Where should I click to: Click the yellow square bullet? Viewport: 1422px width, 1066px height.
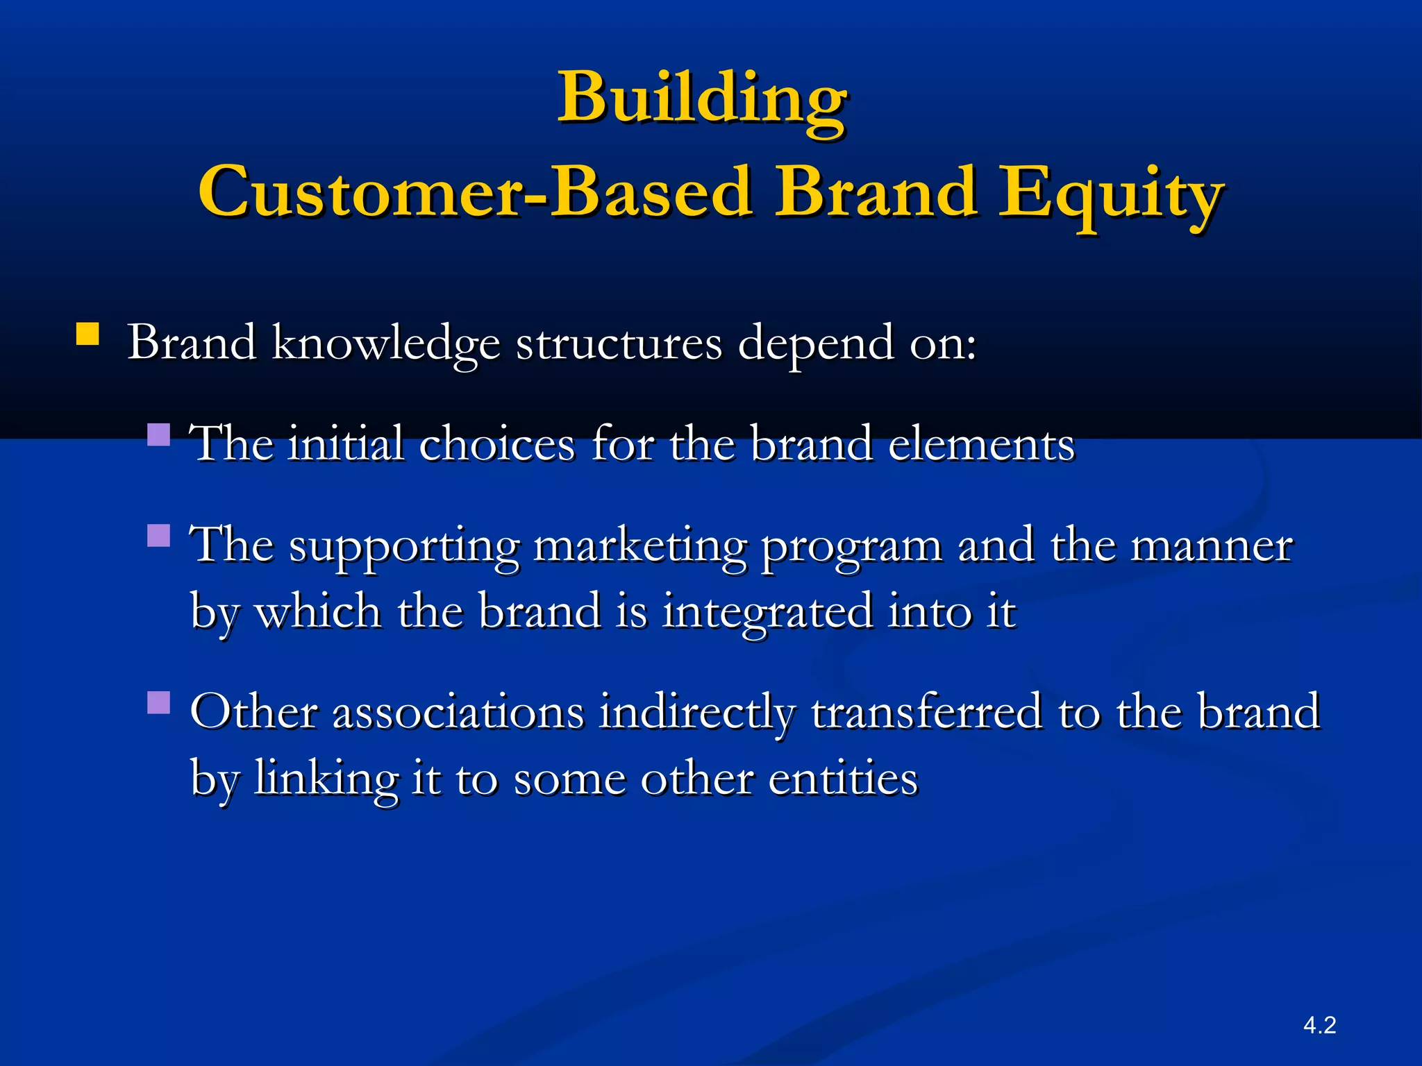point(87,334)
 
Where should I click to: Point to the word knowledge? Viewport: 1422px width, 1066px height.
point(385,343)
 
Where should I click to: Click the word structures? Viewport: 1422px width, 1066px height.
point(619,343)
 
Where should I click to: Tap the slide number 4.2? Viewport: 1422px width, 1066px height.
point(1319,1025)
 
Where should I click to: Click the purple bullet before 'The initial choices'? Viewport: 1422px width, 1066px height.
point(159,435)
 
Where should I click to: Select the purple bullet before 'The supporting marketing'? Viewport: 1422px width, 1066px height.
point(159,536)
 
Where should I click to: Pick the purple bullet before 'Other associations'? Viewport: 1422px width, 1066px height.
point(159,702)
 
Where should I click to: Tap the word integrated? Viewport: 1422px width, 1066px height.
point(767,613)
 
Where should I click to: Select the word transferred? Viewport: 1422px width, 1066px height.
point(928,713)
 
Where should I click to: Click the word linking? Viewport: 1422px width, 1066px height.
point(326,779)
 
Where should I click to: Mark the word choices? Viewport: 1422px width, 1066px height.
point(497,444)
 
